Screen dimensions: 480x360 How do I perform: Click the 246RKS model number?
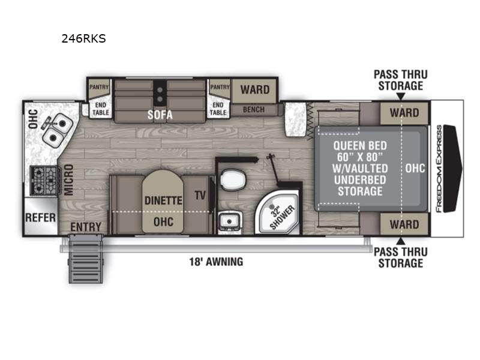click(83, 38)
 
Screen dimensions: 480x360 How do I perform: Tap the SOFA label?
click(160, 115)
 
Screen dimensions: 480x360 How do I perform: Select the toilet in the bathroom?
click(233, 179)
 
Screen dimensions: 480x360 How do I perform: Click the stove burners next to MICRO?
click(43, 181)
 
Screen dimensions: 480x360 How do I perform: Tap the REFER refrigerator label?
click(40, 218)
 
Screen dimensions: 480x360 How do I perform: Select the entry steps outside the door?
click(86, 259)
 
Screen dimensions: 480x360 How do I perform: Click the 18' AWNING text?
click(216, 262)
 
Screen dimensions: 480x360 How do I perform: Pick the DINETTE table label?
click(163, 200)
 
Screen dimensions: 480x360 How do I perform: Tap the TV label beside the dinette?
click(200, 195)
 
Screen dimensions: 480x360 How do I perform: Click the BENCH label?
click(253, 109)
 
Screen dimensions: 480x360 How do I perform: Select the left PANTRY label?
click(99, 87)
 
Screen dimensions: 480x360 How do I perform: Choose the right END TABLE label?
click(218, 109)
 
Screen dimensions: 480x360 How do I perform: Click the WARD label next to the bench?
click(255, 89)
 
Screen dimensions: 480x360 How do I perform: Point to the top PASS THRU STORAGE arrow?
click(400, 97)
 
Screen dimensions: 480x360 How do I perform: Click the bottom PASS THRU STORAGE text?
click(400, 257)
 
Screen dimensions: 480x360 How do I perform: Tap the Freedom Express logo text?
click(439, 169)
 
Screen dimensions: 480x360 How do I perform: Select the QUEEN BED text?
click(360, 145)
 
